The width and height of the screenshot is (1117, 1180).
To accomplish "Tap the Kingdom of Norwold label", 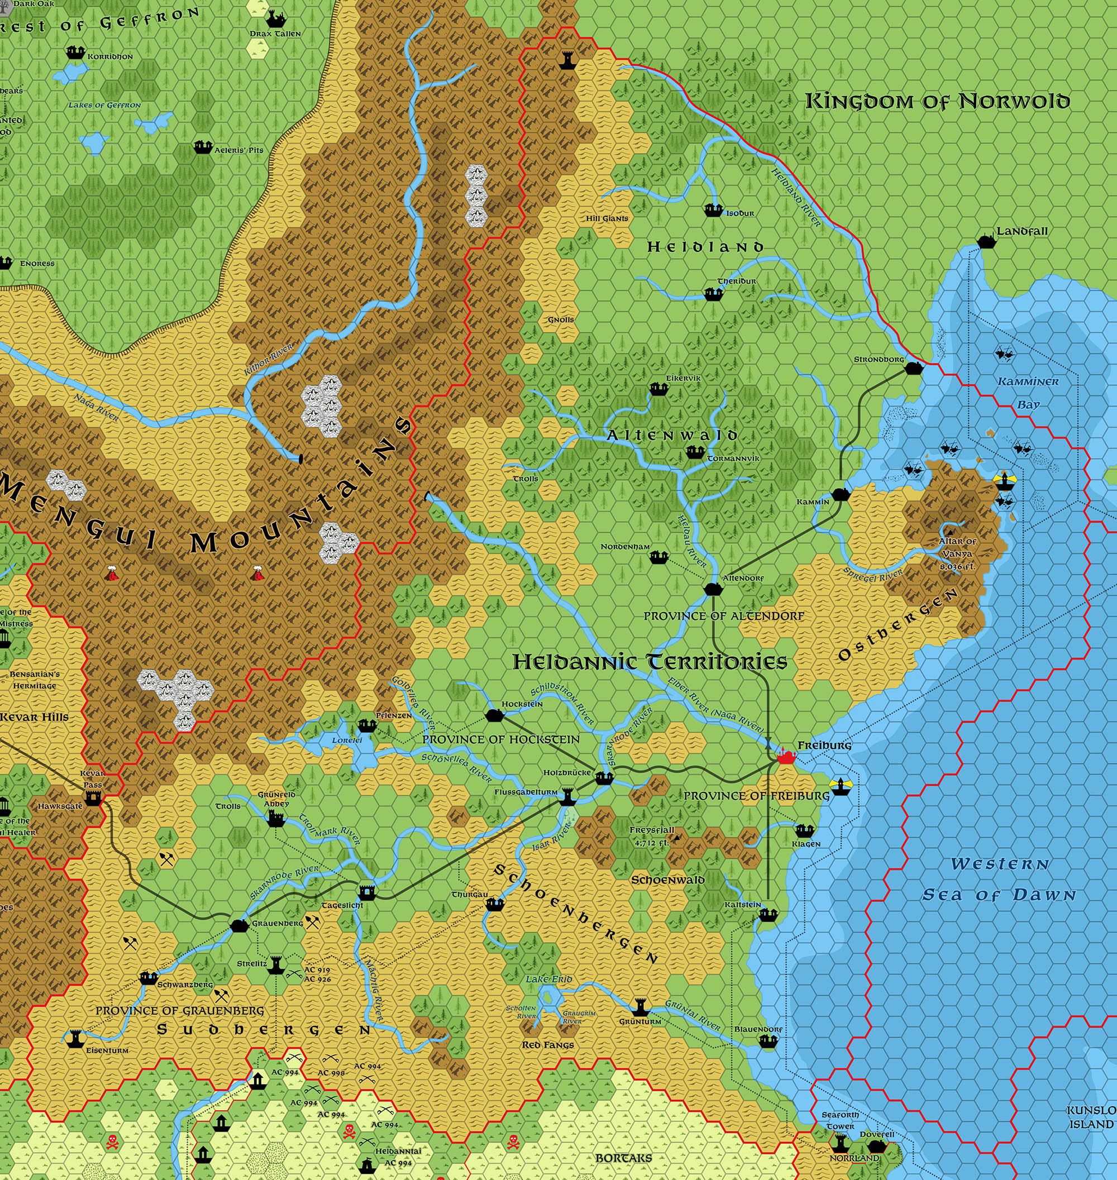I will point(937,101).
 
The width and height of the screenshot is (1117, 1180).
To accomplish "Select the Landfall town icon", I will point(985,242).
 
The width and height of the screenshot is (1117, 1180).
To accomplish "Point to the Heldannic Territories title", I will point(650,662).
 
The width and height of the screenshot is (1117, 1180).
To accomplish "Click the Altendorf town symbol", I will point(713,589).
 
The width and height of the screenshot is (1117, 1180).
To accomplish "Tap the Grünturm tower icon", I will point(641,1007).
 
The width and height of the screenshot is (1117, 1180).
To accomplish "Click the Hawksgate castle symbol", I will point(93,799).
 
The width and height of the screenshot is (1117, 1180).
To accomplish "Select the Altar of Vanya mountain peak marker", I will point(948,532).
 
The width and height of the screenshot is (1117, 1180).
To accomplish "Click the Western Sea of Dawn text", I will point(1000,880).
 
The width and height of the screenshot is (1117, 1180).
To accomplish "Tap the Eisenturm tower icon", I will point(74,1039).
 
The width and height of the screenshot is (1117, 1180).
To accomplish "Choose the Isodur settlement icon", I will point(713,210).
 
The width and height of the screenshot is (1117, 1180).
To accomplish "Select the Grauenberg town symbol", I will point(239,925).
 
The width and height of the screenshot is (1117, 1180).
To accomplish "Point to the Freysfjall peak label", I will point(651,830).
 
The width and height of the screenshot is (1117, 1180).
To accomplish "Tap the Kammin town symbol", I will point(839,494).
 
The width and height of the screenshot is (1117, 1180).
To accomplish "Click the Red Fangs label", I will point(547,1045).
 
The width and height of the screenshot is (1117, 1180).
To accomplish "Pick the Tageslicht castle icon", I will point(367,892).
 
